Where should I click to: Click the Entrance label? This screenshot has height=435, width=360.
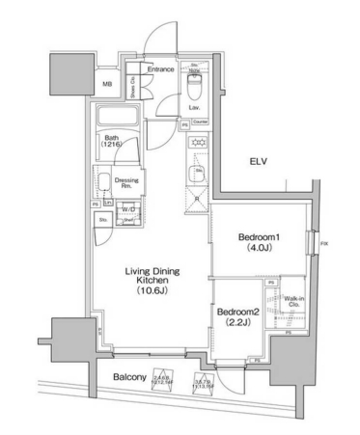pos(160,69)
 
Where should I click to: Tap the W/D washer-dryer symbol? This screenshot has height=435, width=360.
pos(128,209)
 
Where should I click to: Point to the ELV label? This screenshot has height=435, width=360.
pos(260,161)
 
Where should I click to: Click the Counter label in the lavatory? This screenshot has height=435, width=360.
pos(200,123)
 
